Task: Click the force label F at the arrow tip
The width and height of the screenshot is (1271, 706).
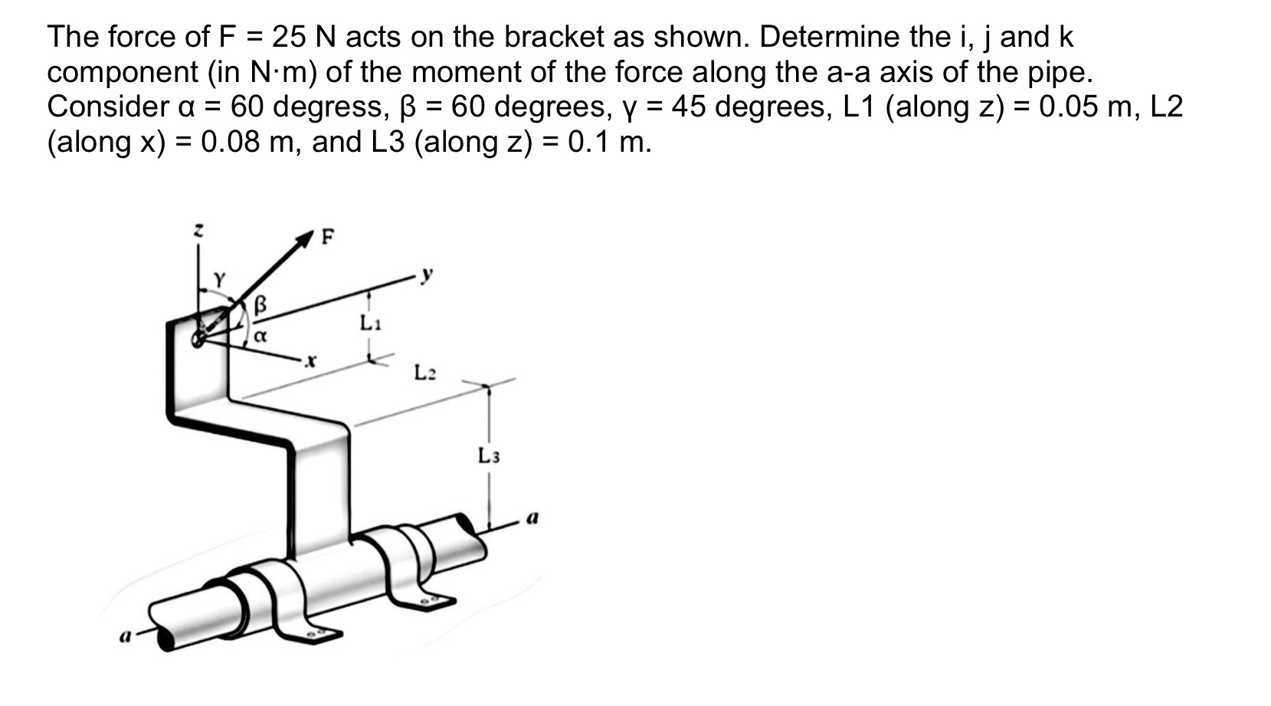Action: point(327,237)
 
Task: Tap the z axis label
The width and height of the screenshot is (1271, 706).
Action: point(198,228)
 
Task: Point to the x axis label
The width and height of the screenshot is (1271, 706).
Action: point(310,360)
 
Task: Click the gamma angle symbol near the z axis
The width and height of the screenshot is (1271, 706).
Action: point(219,280)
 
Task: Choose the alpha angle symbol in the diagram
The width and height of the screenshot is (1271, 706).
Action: point(260,336)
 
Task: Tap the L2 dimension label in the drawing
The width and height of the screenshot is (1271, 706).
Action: point(425,373)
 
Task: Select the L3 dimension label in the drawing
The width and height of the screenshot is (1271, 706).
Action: point(489,456)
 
